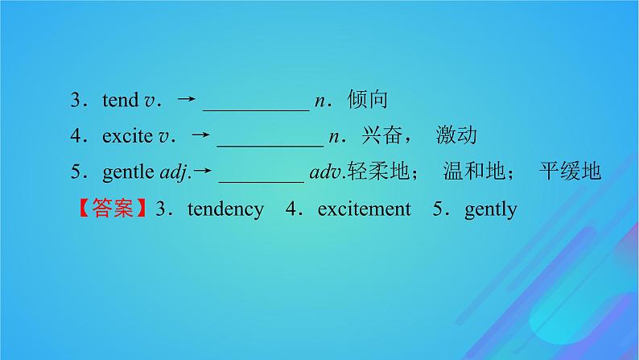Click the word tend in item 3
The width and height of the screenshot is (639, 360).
click(x=121, y=101)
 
